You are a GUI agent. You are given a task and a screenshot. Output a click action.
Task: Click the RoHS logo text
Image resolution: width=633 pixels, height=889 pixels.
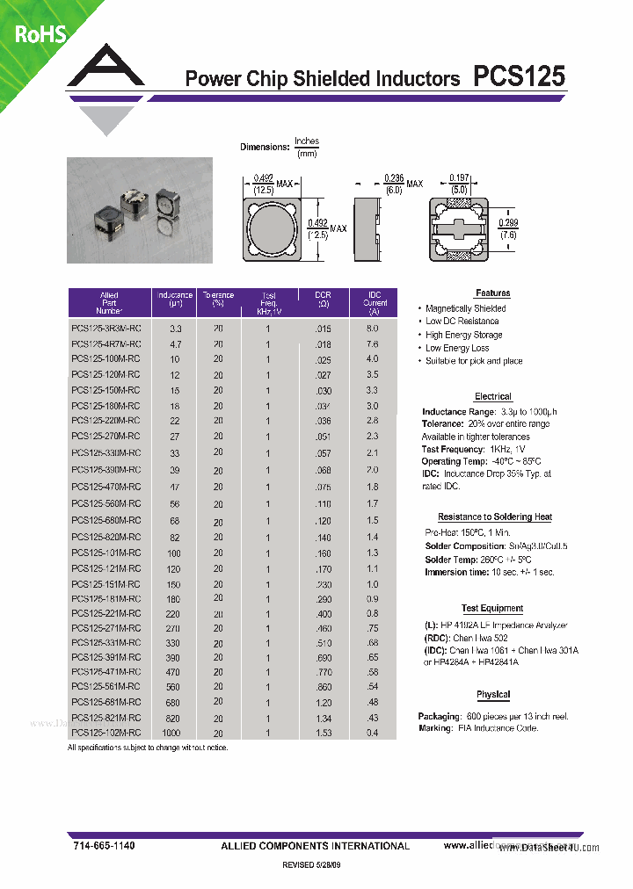click(x=40, y=34)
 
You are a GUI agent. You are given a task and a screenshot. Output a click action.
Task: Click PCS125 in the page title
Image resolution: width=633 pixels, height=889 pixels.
click(x=519, y=77)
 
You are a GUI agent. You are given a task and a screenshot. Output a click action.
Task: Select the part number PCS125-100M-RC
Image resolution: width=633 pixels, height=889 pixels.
click(x=105, y=358)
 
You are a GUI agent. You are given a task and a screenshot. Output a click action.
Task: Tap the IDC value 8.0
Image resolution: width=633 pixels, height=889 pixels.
click(x=372, y=328)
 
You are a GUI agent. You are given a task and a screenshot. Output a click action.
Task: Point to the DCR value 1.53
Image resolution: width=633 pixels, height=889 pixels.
click(x=323, y=733)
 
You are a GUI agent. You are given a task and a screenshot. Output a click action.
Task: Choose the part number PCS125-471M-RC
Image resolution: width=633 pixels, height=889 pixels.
click(x=105, y=671)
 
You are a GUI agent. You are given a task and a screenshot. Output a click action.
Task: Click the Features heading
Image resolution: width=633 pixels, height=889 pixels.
click(x=492, y=293)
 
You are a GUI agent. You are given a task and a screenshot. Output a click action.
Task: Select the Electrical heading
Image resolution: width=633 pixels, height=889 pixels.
click(x=492, y=396)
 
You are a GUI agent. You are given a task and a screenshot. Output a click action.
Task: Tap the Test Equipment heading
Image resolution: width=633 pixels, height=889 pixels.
click(x=492, y=608)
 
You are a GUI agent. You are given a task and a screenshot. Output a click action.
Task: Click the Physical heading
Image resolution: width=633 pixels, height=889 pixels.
click(x=493, y=694)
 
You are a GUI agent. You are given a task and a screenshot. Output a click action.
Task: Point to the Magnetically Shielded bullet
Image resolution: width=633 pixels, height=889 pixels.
click(x=465, y=308)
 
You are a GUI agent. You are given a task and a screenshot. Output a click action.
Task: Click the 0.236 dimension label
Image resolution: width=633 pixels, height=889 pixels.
click(x=393, y=179)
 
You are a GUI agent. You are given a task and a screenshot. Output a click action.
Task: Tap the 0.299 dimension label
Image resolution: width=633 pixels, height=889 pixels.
click(x=508, y=223)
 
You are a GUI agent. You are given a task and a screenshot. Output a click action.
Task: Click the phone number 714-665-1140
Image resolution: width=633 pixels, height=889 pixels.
click(x=104, y=845)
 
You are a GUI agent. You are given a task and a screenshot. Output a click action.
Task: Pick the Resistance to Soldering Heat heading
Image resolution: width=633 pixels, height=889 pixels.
click(x=495, y=517)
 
